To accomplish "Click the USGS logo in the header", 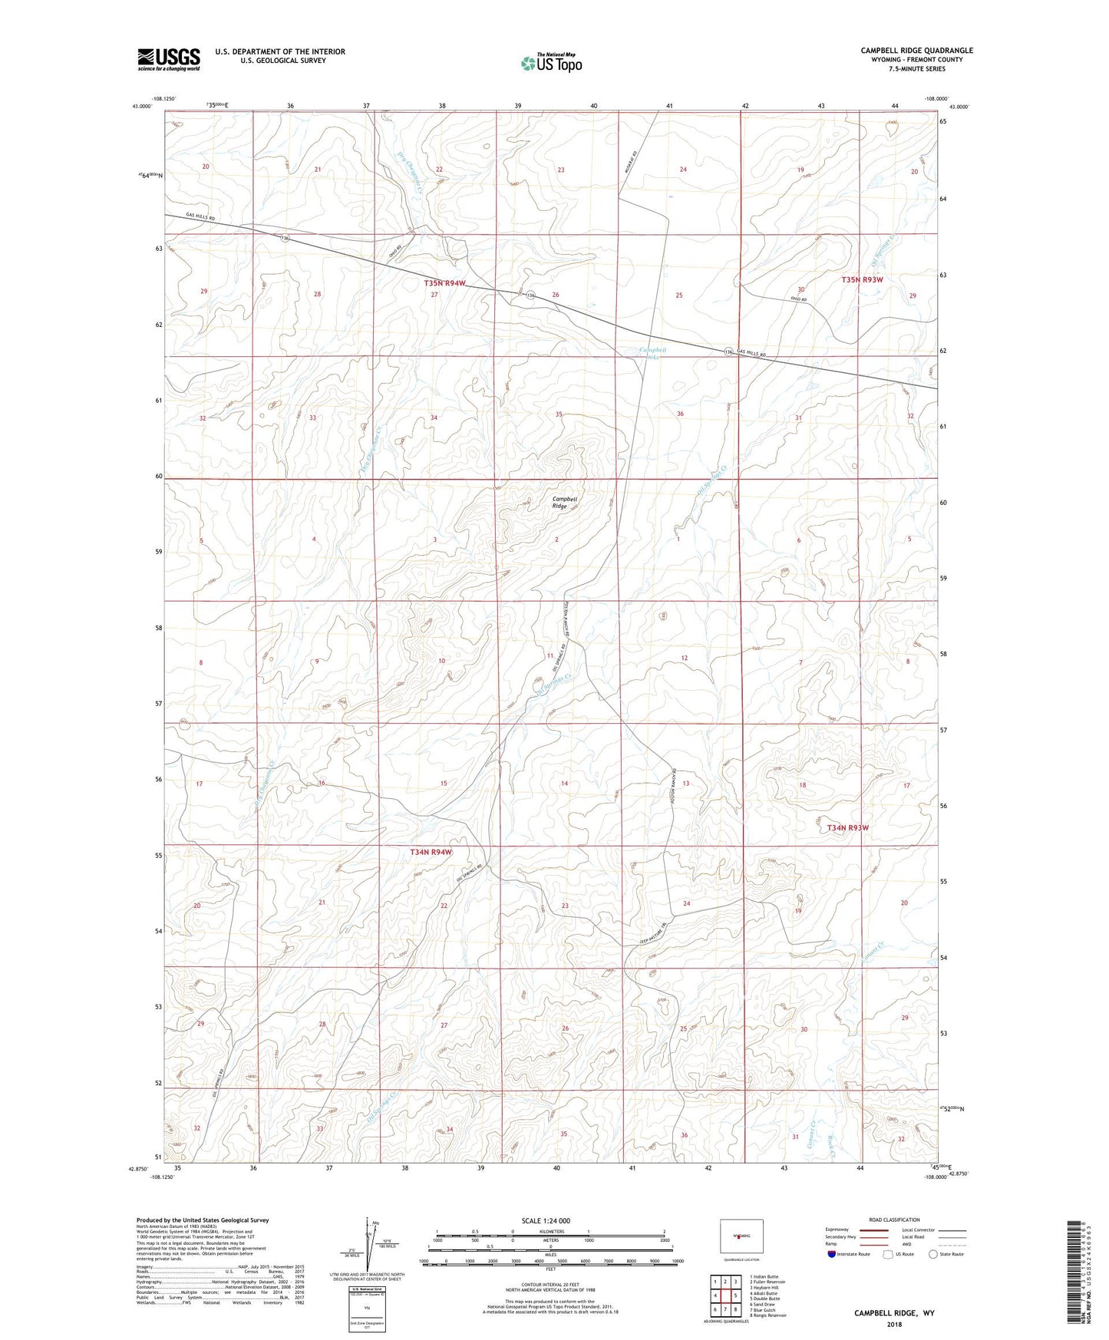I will pos(169,59).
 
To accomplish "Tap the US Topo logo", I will pos(551,63).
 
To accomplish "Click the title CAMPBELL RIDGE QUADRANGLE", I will pos(916,51).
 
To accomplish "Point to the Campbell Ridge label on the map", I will pos(564,503).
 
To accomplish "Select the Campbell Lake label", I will pos(653,353).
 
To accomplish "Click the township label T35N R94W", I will pos(445,283).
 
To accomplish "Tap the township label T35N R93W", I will pos(862,279).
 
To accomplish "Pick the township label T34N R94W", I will pos(431,852).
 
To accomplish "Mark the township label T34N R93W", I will pos(848,828).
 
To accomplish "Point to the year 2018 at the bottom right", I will pos(893,1324).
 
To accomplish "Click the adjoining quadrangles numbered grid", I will pos(725,1297).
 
